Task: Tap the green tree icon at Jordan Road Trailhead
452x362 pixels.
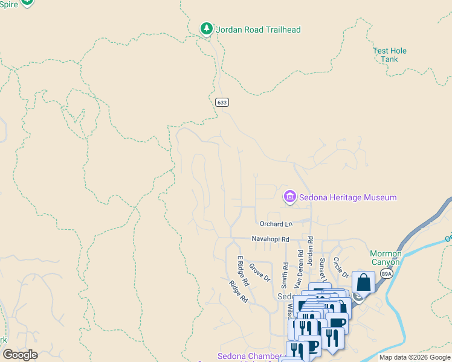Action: coord(206,28)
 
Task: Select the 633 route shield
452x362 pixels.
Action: coord(222,103)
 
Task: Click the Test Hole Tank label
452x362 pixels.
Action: coord(390,55)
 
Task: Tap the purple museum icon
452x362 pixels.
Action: coord(289,197)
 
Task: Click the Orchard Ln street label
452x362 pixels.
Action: coord(271,224)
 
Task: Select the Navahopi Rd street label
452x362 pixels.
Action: coord(271,240)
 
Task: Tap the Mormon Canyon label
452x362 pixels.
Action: coord(385,258)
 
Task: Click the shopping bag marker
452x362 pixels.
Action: coord(363,282)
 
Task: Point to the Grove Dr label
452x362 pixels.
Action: coord(260,271)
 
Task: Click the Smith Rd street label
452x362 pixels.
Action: coord(285,275)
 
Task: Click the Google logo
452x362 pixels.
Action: coord(20,355)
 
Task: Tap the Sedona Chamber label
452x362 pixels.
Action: coord(250,356)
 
